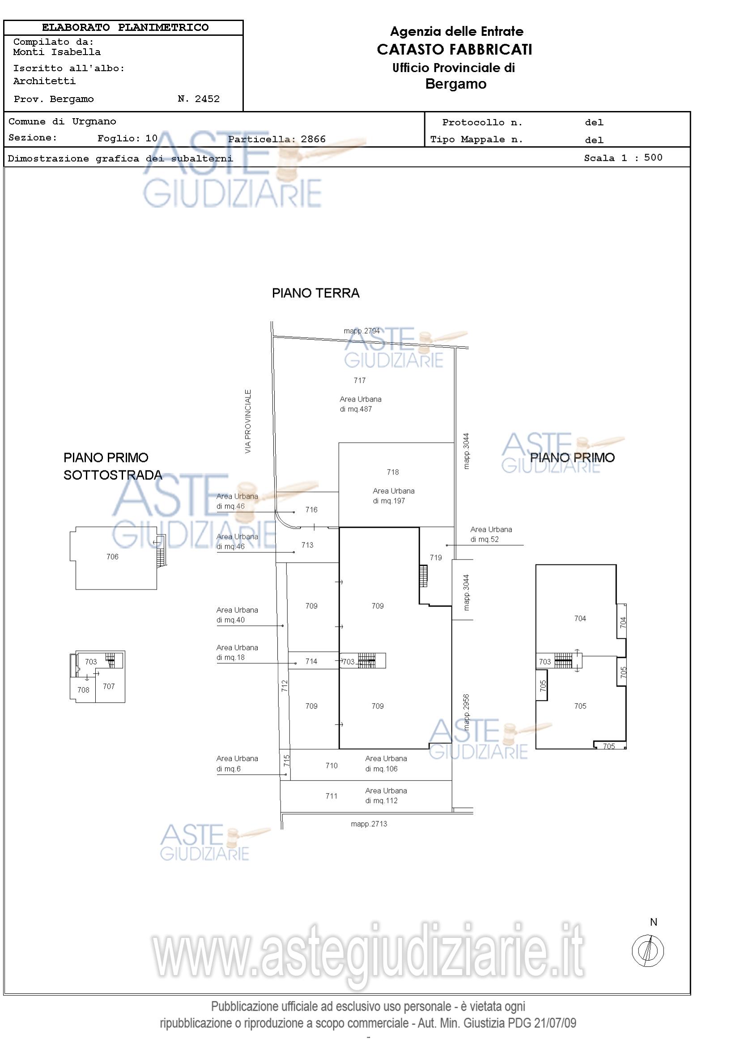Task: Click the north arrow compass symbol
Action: coord(647,950)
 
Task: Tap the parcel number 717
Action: coord(360,380)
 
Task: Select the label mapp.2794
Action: coord(362,331)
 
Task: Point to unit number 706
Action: coord(112,556)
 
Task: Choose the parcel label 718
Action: coord(393,472)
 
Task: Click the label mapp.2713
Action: coord(369,824)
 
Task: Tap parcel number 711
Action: coord(331,796)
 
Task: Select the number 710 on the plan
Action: coord(331,765)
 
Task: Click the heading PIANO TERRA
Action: coord(316,293)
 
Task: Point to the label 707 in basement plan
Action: coord(108,686)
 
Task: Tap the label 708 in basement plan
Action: coord(83,689)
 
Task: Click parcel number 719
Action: coord(436,557)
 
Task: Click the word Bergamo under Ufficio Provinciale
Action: coord(455,84)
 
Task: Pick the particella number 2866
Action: coord(313,139)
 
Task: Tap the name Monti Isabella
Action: coord(57,52)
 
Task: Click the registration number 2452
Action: coord(207,99)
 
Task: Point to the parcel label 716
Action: coord(311,509)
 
